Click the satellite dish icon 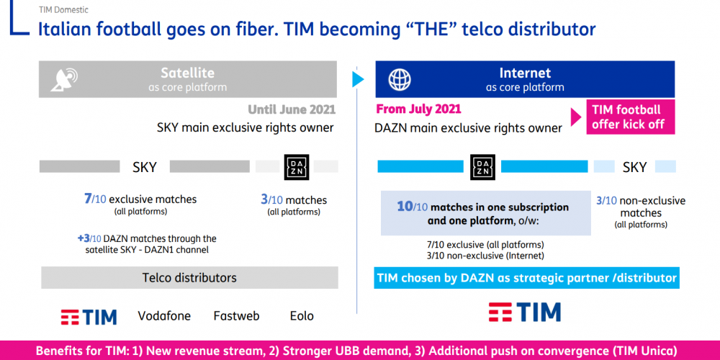point(64,79)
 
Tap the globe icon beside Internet point(400,79)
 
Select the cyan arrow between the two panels point(358,79)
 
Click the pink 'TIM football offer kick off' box point(631,117)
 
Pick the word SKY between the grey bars point(145,167)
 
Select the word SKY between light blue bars point(635,167)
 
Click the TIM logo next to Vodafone point(89,317)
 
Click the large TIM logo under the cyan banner point(524,312)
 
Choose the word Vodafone point(164,316)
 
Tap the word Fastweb point(236,316)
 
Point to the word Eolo point(302,316)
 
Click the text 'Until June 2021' point(292,110)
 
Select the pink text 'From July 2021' point(419,109)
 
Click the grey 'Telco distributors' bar point(189,277)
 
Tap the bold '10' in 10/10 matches point(405,206)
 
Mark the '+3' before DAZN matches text point(83,239)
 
